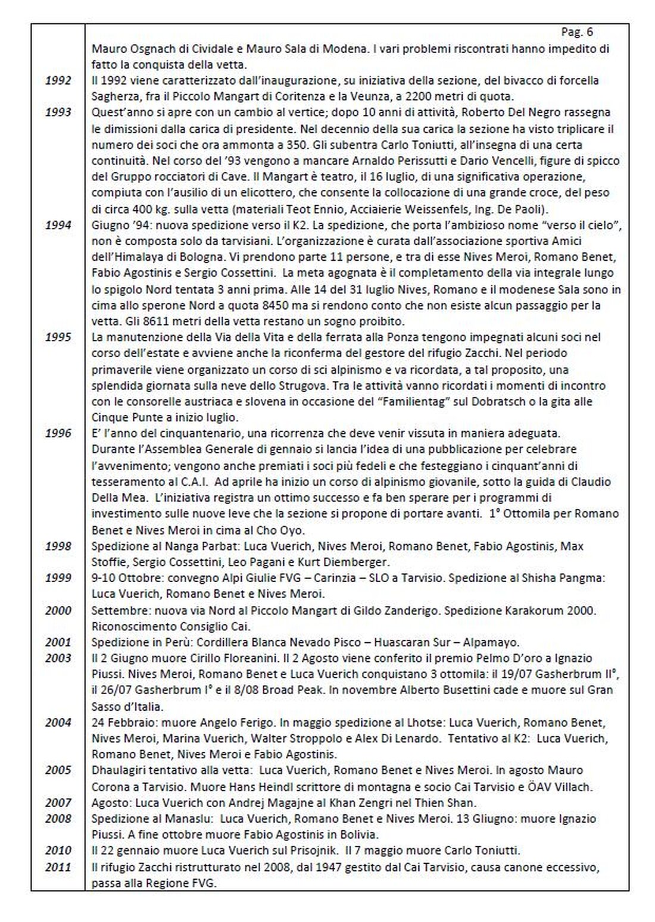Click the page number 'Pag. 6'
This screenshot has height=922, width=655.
click(x=576, y=32)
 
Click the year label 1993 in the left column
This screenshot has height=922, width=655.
click(x=58, y=112)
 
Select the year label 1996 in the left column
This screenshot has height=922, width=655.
click(x=58, y=433)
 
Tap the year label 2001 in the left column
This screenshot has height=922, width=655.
click(x=58, y=642)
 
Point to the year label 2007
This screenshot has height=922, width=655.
click(x=58, y=802)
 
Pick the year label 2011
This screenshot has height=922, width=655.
click(x=58, y=867)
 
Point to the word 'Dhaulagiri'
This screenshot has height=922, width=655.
click(x=117, y=770)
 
